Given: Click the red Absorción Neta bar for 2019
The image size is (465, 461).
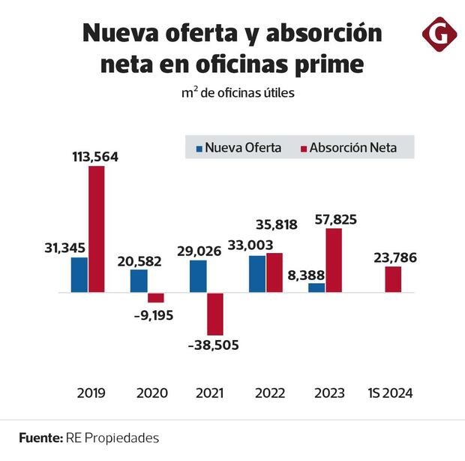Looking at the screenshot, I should (x=96, y=229).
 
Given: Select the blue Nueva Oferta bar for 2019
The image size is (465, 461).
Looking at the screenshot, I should (x=79, y=275).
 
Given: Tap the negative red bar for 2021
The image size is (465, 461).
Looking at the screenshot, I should (x=215, y=314).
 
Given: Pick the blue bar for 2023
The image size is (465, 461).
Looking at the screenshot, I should (x=316, y=288).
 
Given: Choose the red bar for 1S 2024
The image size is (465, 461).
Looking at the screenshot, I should (x=393, y=279).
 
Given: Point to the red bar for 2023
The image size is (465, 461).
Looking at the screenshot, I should (x=334, y=261).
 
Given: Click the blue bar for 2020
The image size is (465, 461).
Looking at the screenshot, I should (x=139, y=281).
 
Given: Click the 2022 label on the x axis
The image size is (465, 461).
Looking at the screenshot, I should (x=269, y=393).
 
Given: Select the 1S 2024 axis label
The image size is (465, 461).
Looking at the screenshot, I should (x=390, y=393).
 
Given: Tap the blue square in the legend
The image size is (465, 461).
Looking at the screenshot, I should (x=199, y=148).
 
